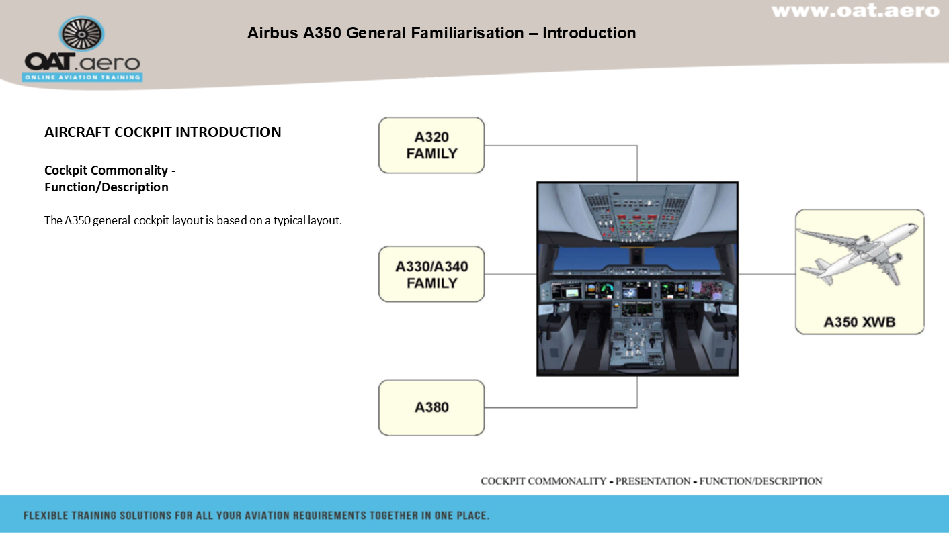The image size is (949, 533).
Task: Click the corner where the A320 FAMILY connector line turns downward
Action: pos(636,146)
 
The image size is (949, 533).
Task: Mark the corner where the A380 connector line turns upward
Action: pos(636,407)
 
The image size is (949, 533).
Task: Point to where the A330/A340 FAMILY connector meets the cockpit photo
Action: pos(537,274)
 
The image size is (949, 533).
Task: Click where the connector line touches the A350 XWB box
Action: pos(796,274)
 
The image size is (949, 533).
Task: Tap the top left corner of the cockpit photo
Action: pos(537,182)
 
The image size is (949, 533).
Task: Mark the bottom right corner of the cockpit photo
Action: pos(739,376)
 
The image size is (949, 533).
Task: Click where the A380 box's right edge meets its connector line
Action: pos(484,407)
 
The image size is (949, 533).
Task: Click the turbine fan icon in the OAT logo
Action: pos(82,34)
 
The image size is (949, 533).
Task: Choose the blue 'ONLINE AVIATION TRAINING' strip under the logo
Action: pos(82,77)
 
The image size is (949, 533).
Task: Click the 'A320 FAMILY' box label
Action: pos(431,145)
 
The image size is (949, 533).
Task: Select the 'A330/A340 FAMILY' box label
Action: pos(431,275)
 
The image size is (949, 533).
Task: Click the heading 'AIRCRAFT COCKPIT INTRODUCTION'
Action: pos(163,132)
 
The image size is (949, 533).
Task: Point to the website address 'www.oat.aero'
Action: pos(856,11)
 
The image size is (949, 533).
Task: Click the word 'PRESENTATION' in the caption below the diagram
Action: pos(653,481)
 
